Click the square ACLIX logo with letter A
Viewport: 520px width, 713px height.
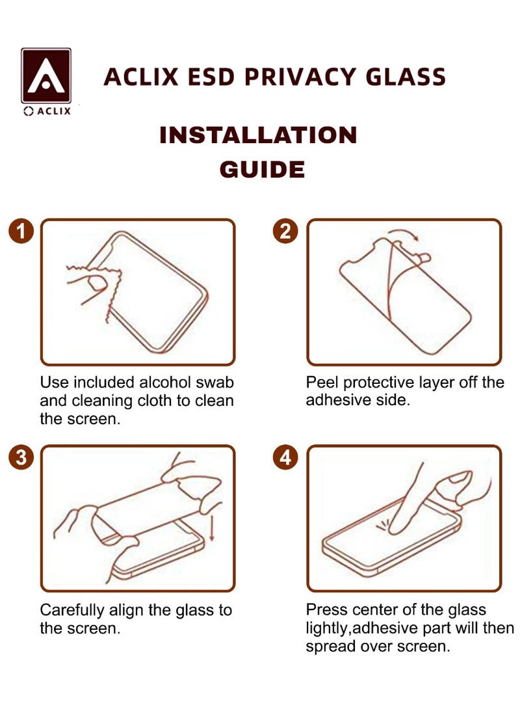(x=46, y=75)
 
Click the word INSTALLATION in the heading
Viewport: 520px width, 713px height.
(x=259, y=135)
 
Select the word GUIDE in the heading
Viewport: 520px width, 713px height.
(x=262, y=169)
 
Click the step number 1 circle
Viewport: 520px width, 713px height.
(x=21, y=231)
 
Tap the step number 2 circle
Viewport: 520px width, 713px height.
(x=285, y=231)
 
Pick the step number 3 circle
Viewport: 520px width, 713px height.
(x=21, y=457)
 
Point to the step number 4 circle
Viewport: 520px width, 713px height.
(x=285, y=457)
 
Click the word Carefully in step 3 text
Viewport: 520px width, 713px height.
(x=72, y=610)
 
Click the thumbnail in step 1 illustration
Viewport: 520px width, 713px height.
(x=97, y=284)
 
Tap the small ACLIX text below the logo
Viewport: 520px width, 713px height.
(x=47, y=111)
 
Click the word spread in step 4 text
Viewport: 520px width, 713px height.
(x=330, y=647)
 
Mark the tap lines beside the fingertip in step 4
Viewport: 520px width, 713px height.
(x=382, y=525)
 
